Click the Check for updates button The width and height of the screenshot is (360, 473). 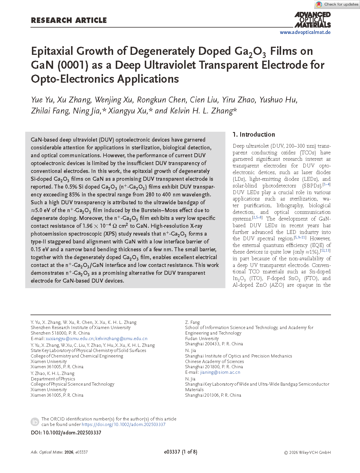click(x=337, y=4)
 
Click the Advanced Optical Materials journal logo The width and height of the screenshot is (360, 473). click(x=312, y=19)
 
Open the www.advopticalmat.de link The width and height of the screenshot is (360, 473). click(x=305, y=32)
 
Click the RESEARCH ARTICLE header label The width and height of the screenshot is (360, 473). click(x=69, y=20)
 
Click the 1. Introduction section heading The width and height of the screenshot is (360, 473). click(x=254, y=134)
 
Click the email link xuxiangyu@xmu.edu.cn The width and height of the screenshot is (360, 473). click(x=70, y=339)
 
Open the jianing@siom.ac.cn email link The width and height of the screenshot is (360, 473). click(x=220, y=372)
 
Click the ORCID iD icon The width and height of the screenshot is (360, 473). click(x=35, y=422)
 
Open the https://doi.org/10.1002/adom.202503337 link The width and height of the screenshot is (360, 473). click(x=124, y=425)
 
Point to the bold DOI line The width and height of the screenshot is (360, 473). click(x=66, y=433)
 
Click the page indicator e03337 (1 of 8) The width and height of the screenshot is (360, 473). click(x=180, y=452)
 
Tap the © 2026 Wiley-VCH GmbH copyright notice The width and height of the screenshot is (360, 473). click(x=307, y=452)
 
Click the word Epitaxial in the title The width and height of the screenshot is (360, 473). click(x=52, y=51)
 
